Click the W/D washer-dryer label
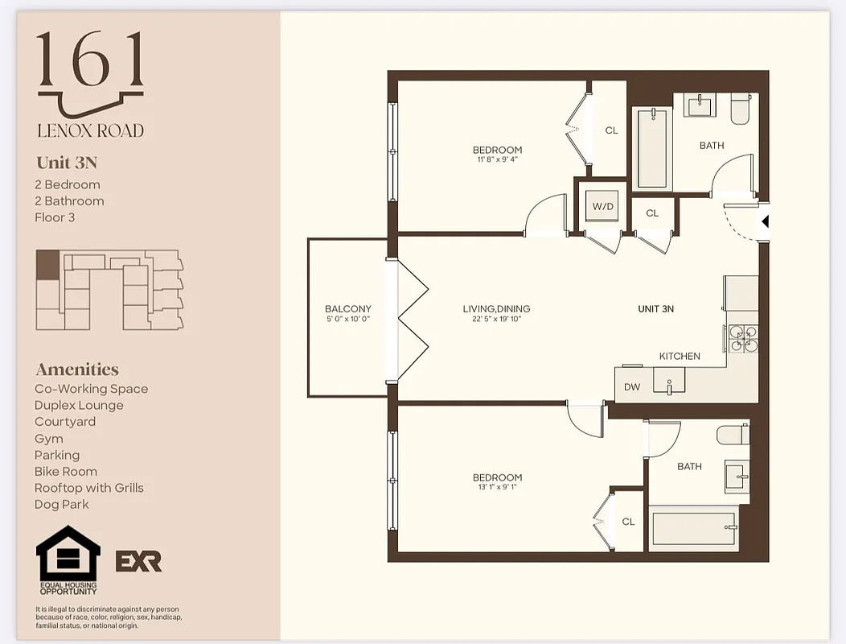point(603,207)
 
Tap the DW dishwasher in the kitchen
point(632,387)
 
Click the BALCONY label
point(348,308)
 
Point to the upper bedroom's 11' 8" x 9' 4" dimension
point(497,159)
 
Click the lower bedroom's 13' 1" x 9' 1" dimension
point(497,488)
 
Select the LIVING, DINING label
point(496,308)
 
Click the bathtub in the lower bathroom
point(694,528)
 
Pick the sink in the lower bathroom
point(737,477)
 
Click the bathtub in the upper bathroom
point(651,148)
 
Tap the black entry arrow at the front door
point(765,219)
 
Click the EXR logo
point(138,561)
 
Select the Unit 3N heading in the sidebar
point(67,163)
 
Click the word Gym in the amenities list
point(48,439)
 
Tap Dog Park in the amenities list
point(62,505)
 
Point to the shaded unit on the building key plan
point(47,265)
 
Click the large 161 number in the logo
point(90,60)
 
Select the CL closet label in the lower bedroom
point(628,522)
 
